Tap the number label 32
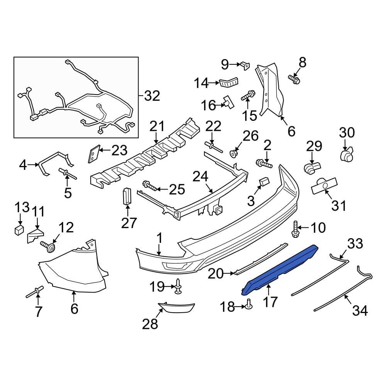point(151,95)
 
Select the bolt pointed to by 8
point(294,79)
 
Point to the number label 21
point(157,126)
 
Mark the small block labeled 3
point(264,181)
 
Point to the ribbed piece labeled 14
point(229,82)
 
